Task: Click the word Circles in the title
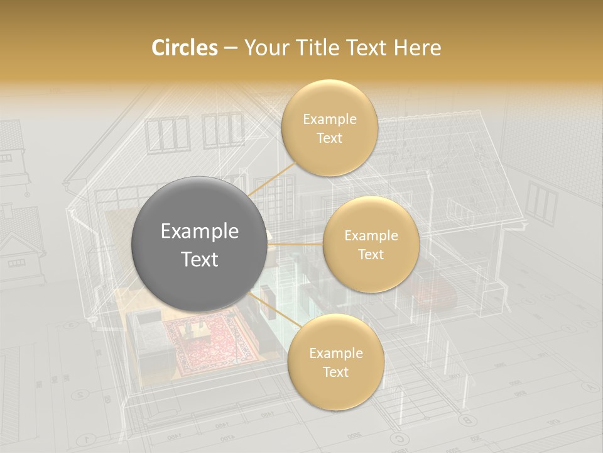[184, 48]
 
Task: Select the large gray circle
[199, 244]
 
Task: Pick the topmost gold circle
[329, 128]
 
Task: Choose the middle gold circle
[371, 244]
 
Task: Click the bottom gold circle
[335, 362]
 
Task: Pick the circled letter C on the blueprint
[397, 439]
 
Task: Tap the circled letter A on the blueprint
[588, 386]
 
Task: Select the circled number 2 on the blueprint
[80, 395]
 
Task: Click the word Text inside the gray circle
[199, 259]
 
